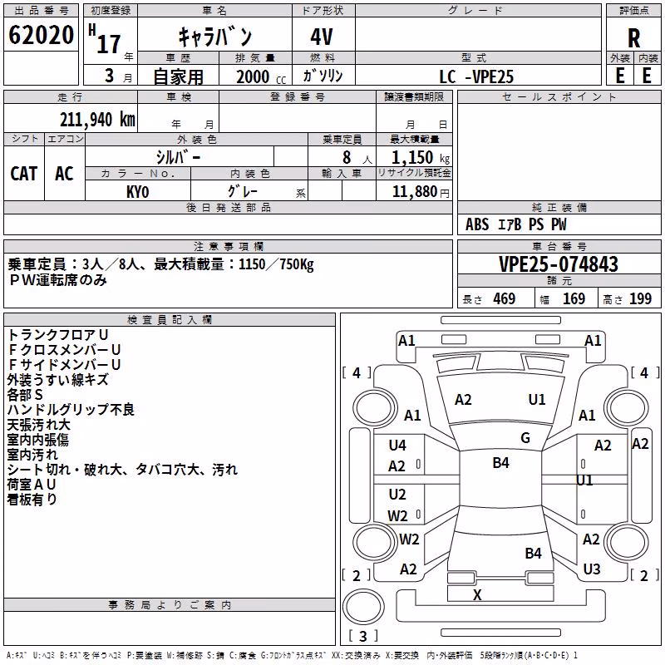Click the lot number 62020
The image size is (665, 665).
(41, 35)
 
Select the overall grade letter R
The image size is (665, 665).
(633, 38)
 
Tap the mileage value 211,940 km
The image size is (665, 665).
(97, 120)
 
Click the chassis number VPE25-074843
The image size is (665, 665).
(559, 264)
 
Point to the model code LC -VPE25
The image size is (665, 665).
(476, 76)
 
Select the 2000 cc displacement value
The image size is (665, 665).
(261, 76)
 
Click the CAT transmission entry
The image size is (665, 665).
(24, 174)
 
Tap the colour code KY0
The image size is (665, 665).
(137, 192)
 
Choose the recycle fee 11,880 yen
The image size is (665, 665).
(421, 192)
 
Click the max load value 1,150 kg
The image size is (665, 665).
(420, 158)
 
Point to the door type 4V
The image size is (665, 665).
(322, 37)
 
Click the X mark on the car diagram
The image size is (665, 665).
(477, 595)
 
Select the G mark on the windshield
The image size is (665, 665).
(525, 438)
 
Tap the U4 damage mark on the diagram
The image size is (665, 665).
(397, 446)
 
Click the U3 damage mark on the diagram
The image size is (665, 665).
(592, 569)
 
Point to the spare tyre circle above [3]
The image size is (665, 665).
(363, 607)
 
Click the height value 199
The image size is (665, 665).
(640, 299)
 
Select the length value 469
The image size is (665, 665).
(505, 299)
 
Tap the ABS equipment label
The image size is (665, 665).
(477, 224)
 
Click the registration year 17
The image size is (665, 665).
(110, 44)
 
